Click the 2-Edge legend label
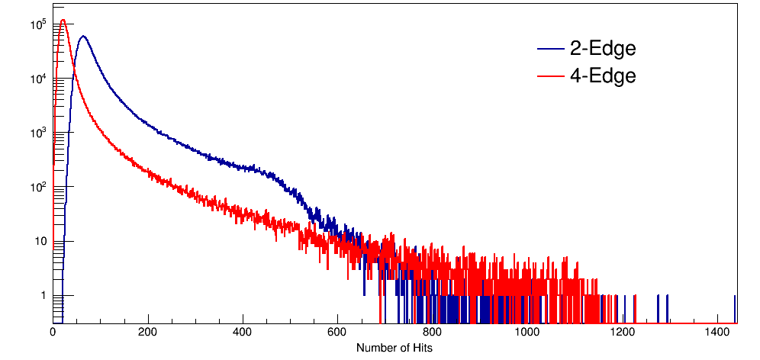pos(602,50)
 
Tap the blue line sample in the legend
pos(549,50)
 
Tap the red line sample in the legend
pos(549,76)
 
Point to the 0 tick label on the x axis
pos(53,333)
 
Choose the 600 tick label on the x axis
pos(338,333)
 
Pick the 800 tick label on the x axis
pos(433,333)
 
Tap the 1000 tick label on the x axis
pos(527,333)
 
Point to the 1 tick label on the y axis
pos(43,296)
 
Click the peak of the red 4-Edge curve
pos(63,21)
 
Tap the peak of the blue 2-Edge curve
pos(82,36)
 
